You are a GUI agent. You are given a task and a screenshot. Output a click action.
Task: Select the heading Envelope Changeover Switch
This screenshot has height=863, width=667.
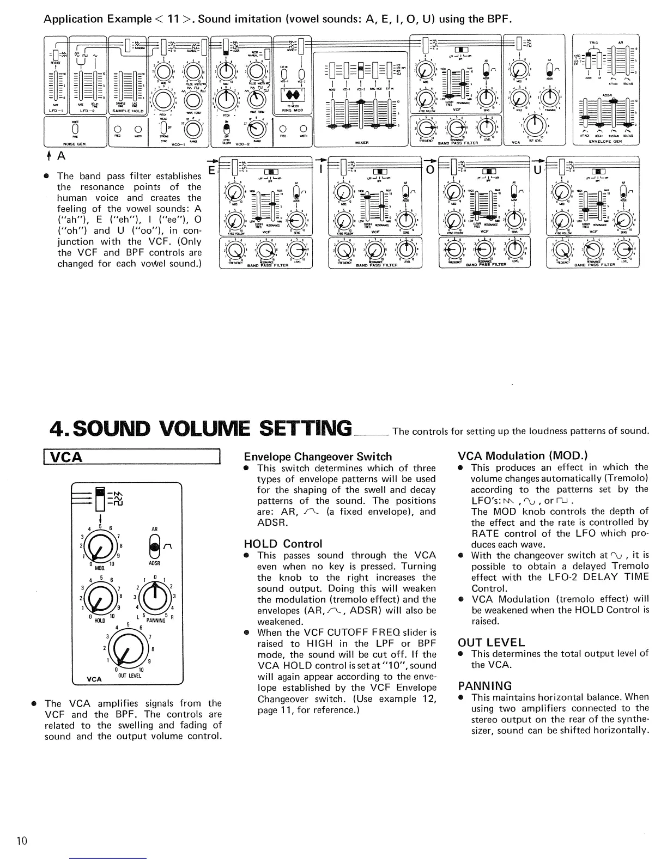coord(318,457)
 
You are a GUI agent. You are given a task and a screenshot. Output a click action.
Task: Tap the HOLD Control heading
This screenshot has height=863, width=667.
coord(283,544)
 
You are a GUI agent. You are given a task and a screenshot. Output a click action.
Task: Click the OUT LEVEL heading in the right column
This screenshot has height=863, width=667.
coord(491,642)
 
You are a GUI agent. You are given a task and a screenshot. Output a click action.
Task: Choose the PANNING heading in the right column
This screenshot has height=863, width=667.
coord(484,685)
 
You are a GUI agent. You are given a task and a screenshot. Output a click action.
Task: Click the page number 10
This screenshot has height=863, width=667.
coord(22,841)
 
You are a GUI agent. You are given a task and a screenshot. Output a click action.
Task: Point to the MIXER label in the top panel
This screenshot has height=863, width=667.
coord(361,143)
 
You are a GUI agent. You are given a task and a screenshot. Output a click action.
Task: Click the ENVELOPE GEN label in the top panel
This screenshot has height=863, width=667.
coord(605,141)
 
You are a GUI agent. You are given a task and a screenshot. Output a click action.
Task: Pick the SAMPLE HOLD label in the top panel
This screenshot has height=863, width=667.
coord(126,111)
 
